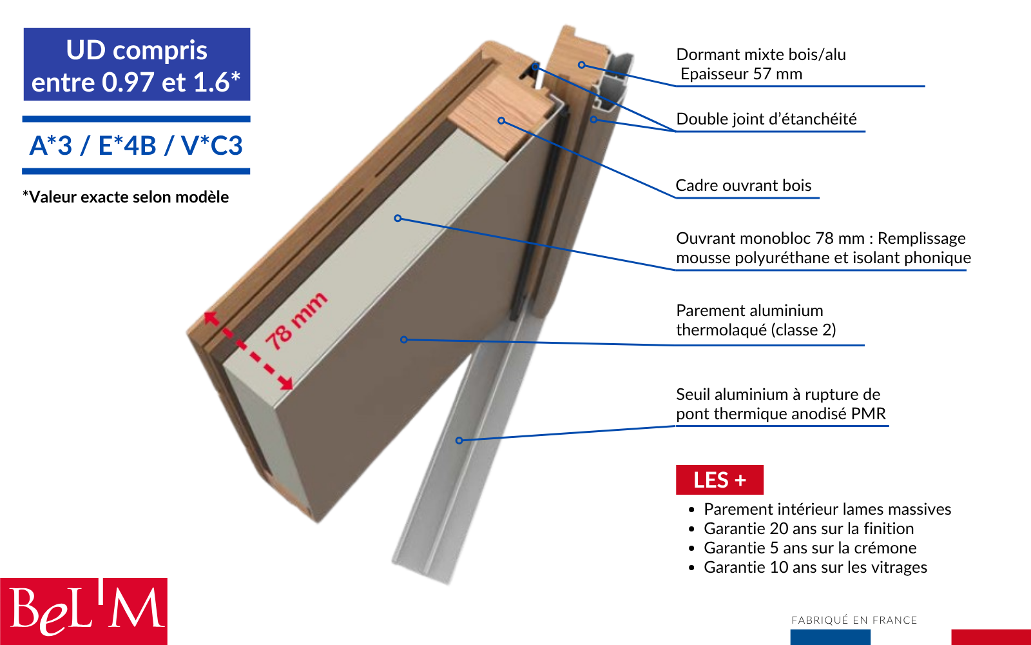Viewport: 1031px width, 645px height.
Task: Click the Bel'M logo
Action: click(84, 610)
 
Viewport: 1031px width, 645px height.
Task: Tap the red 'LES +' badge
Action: click(719, 480)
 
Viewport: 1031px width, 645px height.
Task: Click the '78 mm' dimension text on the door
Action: click(296, 321)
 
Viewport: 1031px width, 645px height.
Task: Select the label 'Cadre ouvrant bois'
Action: click(743, 186)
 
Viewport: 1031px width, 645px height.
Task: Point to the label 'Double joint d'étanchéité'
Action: click(766, 119)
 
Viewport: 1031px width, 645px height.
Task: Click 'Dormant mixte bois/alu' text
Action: click(760, 55)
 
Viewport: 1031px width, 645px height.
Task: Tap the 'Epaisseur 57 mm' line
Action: click(741, 74)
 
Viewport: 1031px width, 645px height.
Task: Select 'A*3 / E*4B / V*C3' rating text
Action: click(136, 146)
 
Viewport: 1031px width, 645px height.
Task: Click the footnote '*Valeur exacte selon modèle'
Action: click(126, 197)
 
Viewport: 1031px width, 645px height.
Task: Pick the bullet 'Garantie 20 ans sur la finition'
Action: click(808, 529)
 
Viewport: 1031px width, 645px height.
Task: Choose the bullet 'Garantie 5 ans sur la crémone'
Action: click(809, 548)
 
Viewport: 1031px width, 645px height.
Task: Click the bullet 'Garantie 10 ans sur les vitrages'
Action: click(814, 568)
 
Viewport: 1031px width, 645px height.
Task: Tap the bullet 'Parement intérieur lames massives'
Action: click(827, 510)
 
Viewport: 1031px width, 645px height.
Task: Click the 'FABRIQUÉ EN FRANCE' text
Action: click(854, 620)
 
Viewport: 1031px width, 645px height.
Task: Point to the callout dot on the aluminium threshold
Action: click(459, 441)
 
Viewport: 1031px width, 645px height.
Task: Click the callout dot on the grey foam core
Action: click(398, 219)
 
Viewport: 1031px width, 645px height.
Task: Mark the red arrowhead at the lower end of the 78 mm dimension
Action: click(286, 384)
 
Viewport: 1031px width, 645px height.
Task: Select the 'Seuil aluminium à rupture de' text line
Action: click(778, 395)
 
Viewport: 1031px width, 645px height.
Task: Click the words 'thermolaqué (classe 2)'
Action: click(755, 330)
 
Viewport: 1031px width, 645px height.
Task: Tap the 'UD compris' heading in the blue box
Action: click(137, 50)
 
